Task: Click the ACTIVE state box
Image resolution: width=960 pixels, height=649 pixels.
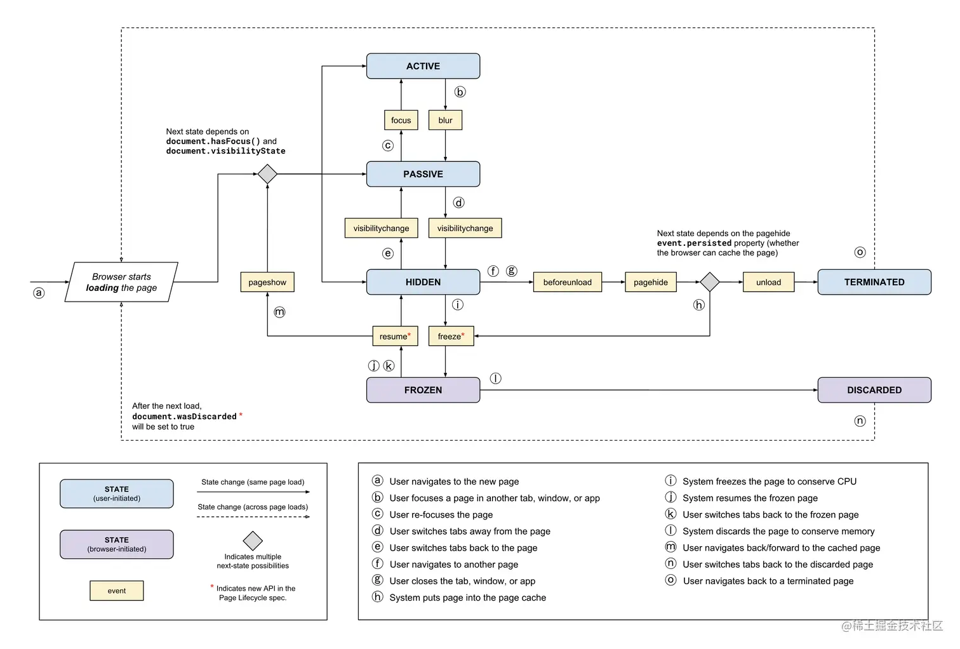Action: tap(423, 66)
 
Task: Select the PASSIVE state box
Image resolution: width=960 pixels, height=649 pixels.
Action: tap(423, 174)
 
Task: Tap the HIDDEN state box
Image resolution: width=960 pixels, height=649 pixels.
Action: tap(423, 282)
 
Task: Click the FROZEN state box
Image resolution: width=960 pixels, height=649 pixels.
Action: tap(423, 390)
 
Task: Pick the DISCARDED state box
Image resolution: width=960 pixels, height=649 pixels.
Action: tap(874, 390)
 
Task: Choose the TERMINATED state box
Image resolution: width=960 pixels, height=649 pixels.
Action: tap(874, 282)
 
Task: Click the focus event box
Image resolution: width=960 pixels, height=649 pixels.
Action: tap(401, 120)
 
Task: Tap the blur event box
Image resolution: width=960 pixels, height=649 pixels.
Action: tap(445, 120)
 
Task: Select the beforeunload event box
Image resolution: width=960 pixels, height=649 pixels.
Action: tap(567, 282)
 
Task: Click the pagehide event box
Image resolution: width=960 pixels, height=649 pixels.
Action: tap(650, 282)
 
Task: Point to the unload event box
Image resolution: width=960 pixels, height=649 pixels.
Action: tap(768, 282)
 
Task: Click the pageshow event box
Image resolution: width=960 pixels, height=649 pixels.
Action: tap(267, 282)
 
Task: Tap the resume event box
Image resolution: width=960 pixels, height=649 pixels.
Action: tap(394, 336)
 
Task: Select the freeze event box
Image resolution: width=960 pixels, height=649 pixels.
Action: tap(451, 336)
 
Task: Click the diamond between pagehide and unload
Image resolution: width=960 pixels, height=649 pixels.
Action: tap(709, 282)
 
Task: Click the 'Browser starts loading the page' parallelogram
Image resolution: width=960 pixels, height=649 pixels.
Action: tap(121, 282)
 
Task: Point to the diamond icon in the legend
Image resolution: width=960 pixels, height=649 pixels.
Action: tap(253, 540)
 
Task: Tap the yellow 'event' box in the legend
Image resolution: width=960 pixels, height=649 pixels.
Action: tap(117, 591)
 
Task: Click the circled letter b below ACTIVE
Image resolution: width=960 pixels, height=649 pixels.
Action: tap(460, 92)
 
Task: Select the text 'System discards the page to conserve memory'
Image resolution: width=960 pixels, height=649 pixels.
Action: tap(778, 531)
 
